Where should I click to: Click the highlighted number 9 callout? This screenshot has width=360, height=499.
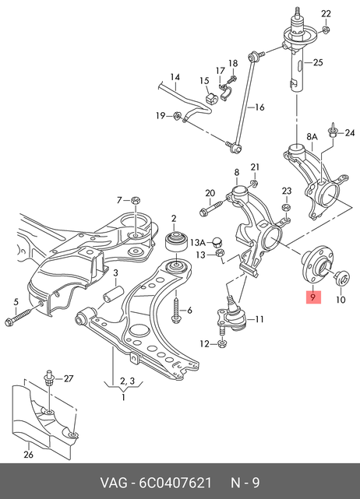[x=313, y=297]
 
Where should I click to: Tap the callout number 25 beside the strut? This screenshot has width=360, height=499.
[x=318, y=62]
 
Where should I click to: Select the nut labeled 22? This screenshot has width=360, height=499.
[x=326, y=30]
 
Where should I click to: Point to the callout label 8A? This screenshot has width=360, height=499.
[x=312, y=137]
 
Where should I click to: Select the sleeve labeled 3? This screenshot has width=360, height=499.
[x=113, y=293]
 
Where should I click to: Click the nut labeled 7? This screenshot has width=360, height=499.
[x=136, y=201]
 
